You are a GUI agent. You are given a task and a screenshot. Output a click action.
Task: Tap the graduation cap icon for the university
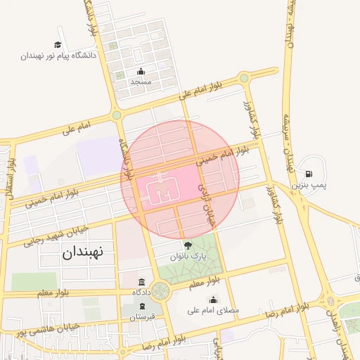(58, 44)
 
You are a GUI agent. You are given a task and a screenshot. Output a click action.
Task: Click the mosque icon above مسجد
(141, 71)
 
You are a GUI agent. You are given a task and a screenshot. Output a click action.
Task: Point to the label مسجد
(141, 82)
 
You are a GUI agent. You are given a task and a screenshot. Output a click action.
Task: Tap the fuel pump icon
(309, 173)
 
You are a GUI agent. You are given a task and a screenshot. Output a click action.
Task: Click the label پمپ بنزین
(310, 184)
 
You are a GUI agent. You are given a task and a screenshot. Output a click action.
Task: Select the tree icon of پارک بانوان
(188, 245)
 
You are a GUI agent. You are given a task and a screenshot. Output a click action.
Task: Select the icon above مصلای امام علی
(213, 300)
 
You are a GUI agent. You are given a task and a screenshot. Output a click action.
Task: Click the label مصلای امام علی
(213, 309)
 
